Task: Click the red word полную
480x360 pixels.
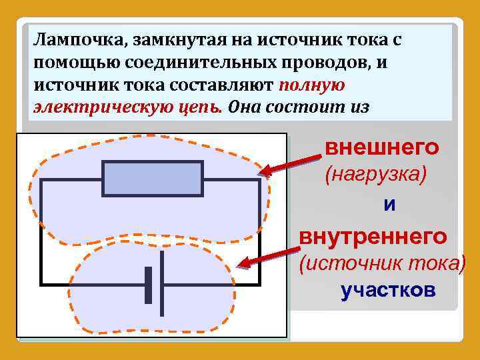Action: point(311,85)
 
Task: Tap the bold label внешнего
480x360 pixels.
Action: point(382,147)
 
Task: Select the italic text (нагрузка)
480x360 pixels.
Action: point(375,175)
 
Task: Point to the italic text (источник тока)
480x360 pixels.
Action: point(382,263)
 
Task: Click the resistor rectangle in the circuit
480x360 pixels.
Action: point(153,179)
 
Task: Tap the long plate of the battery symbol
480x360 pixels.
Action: point(163,283)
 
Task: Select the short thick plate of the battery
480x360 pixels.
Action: point(149,283)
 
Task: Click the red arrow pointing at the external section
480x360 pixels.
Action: point(290,163)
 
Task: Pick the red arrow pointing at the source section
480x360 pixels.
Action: point(270,258)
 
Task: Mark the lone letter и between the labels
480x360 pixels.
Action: point(389,205)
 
